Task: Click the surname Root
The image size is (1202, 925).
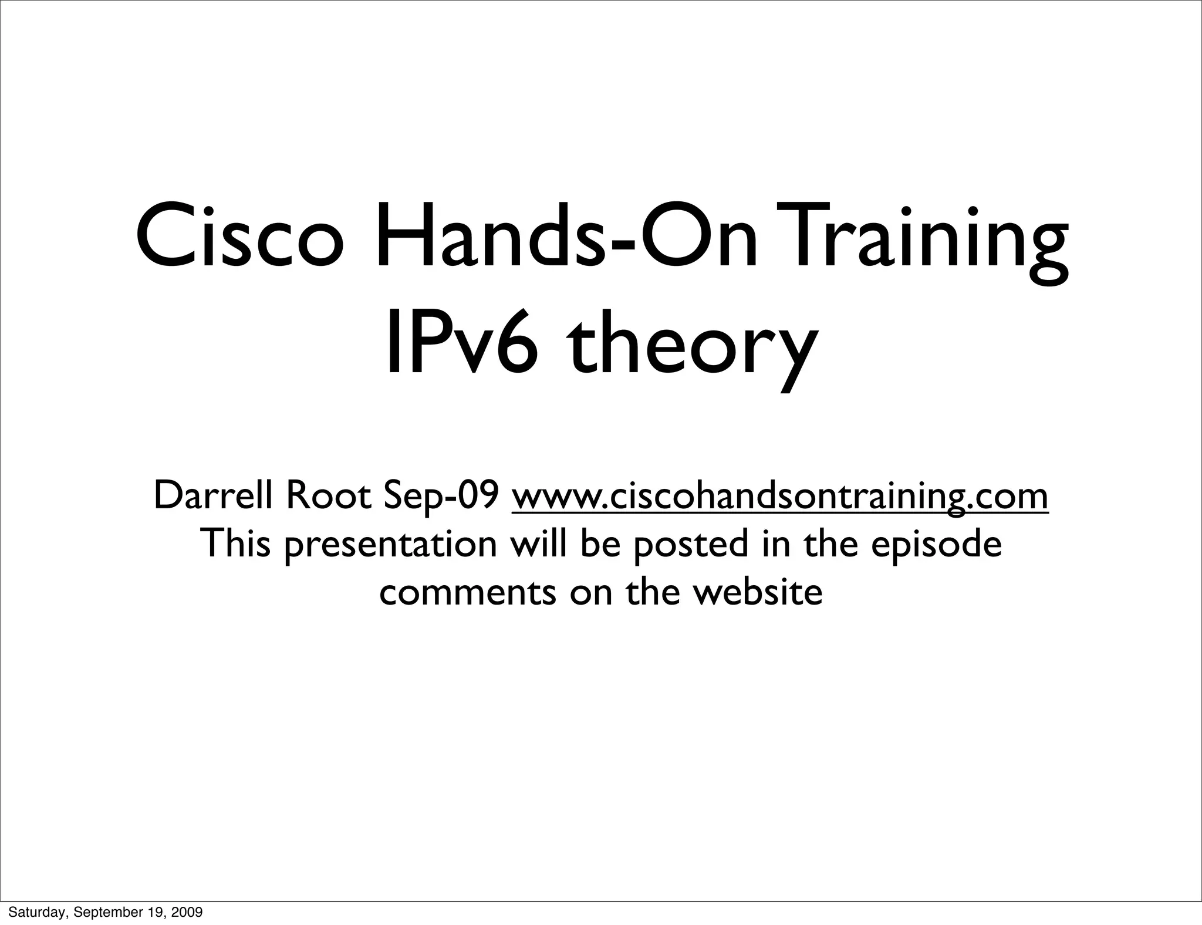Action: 329,495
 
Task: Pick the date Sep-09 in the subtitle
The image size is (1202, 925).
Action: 441,497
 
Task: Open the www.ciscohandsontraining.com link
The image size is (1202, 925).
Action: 780,497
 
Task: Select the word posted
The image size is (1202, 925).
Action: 690,545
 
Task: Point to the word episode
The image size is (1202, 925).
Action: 936,545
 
